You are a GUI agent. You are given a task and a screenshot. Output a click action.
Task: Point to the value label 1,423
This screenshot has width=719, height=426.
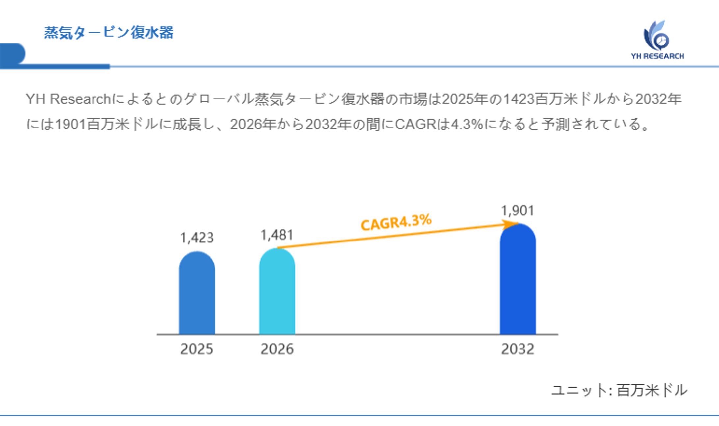[x=197, y=238]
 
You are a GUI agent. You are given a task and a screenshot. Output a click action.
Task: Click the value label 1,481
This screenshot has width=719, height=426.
[x=277, y=235]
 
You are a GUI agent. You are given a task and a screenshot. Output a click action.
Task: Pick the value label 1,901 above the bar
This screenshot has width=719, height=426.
[x=518, y=211]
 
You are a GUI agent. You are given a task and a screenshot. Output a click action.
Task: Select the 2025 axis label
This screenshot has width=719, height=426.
[x=197, y=349]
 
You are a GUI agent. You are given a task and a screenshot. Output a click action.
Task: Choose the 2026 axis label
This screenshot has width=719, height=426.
[x=277, y=349]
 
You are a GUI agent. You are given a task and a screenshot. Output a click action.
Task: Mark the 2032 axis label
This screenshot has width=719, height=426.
[x=518, y=349]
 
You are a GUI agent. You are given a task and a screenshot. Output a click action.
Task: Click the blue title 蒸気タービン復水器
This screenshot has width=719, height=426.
[x=109, y=33]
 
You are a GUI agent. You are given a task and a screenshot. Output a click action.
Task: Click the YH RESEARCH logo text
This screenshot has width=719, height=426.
[x=657, y=56]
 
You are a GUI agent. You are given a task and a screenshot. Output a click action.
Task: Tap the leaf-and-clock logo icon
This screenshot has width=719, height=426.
[x=656, y=36]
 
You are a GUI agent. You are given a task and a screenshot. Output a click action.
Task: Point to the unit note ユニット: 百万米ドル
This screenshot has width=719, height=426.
[x=619, y=390]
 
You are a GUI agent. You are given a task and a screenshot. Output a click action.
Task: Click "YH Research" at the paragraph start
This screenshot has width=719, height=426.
[x=68, y=99]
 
